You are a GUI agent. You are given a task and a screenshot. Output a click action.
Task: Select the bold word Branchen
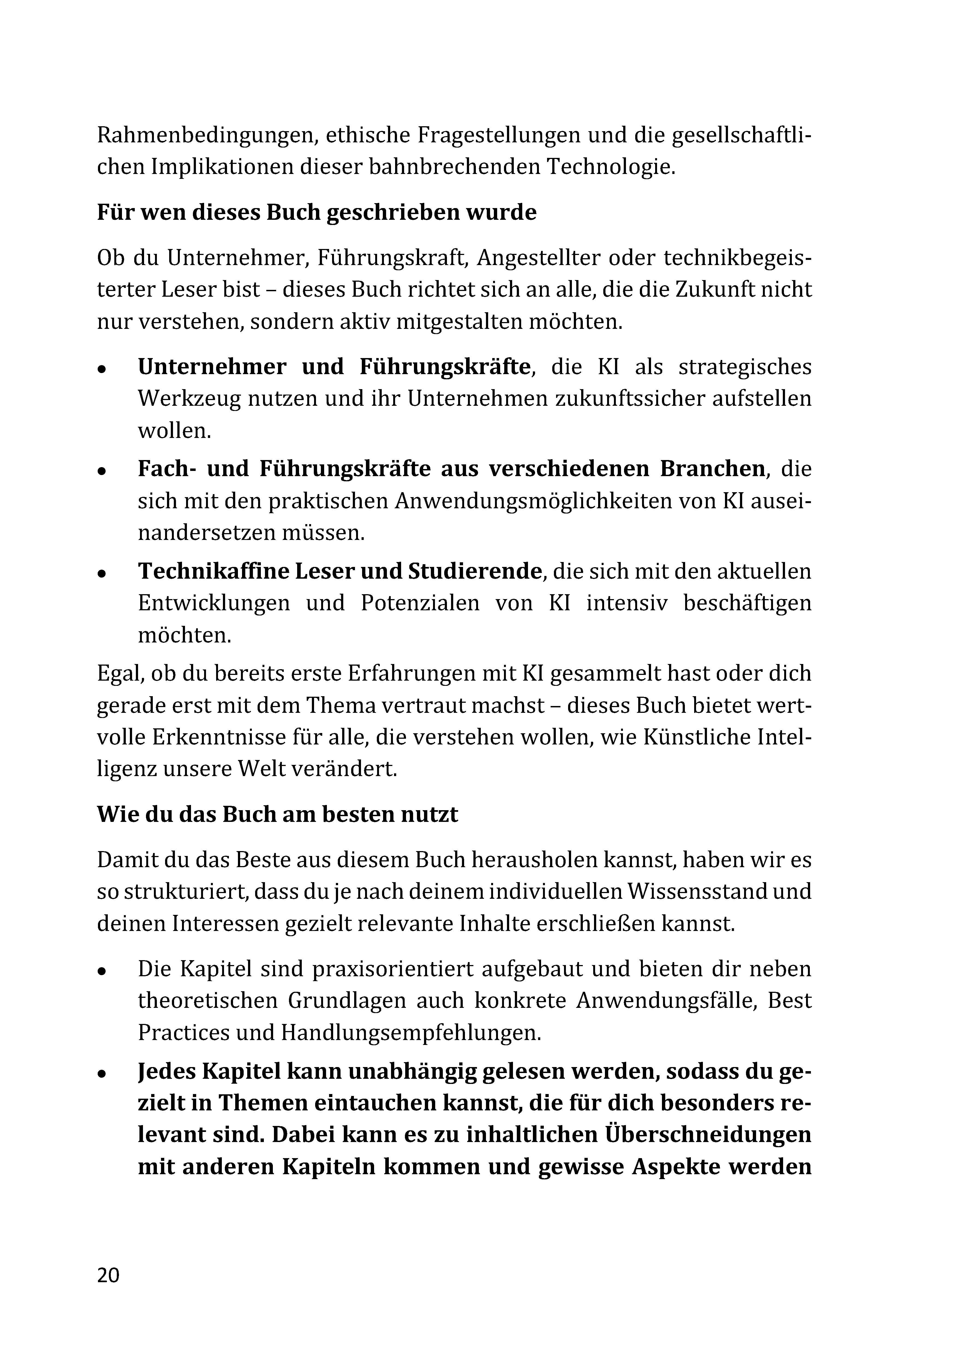[712, 469]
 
